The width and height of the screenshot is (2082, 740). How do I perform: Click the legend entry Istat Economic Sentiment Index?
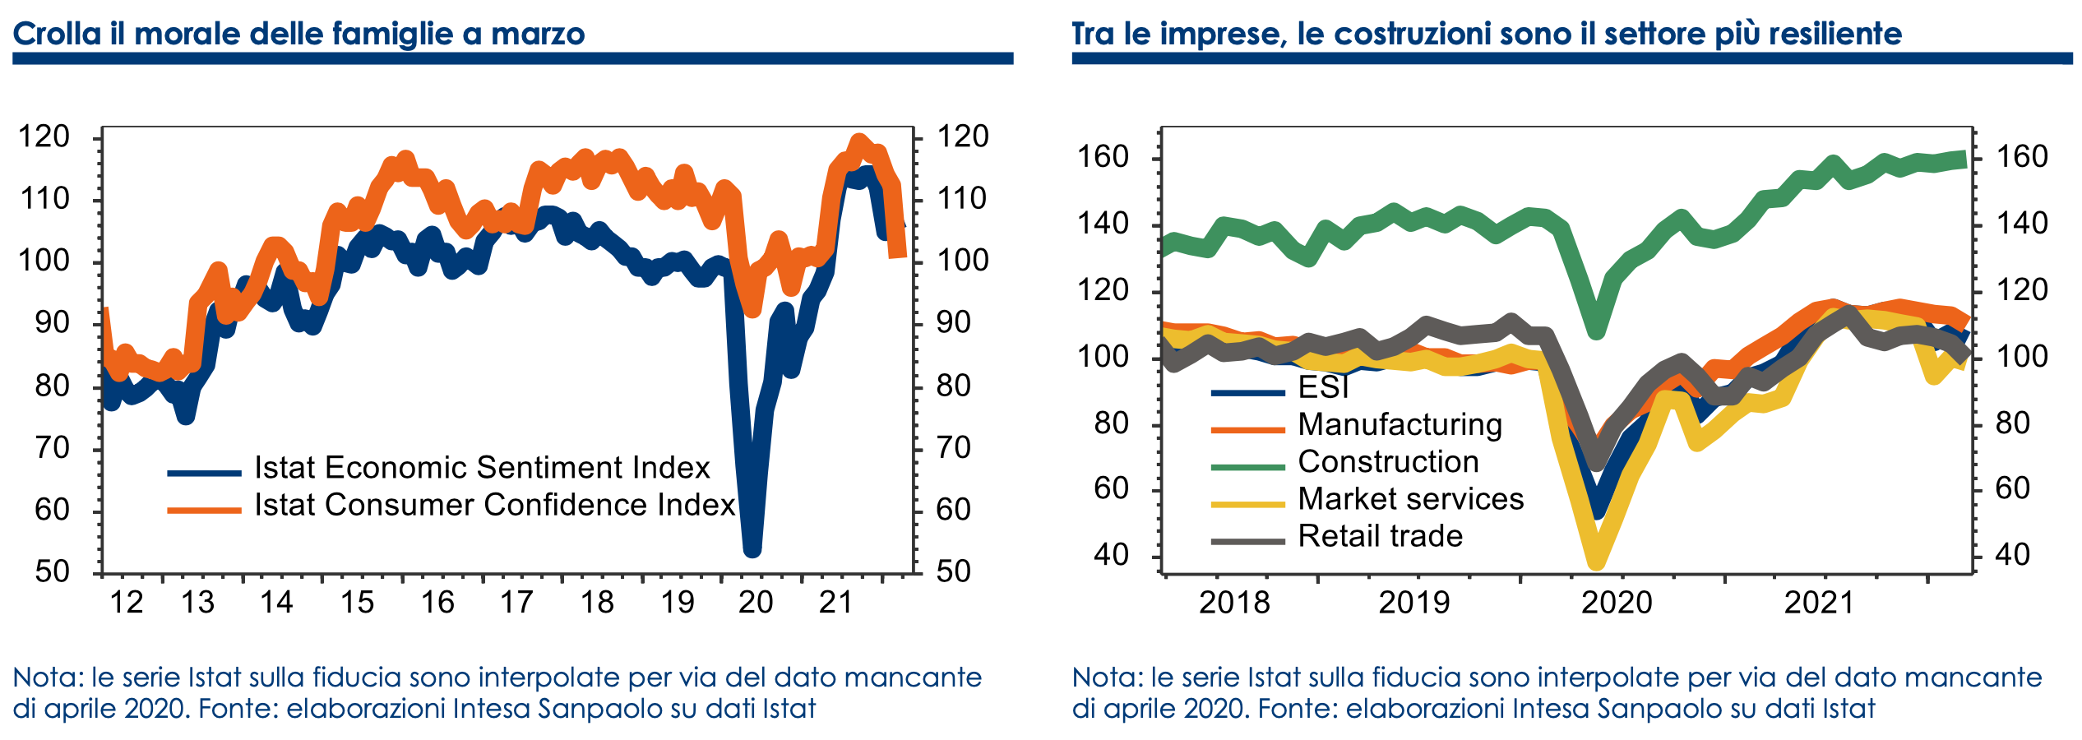481,468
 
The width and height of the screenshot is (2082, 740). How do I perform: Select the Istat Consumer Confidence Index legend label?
493,505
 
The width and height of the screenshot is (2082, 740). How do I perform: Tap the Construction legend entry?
1388,462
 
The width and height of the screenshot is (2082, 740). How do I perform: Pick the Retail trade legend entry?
1380,536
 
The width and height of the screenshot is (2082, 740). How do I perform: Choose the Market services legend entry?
1410,499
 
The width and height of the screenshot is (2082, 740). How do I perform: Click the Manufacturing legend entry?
1400,425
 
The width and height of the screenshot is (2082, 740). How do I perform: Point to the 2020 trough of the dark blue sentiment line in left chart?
752,548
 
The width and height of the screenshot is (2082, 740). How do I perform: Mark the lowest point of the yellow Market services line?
1596,561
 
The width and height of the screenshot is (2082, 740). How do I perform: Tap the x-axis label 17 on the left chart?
516,603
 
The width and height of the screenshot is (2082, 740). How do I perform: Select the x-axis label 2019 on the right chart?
1413,603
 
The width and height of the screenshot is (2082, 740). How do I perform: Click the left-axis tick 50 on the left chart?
53,571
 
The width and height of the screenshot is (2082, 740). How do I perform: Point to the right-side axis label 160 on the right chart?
2022,157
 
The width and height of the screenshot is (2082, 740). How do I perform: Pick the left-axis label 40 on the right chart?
1111,555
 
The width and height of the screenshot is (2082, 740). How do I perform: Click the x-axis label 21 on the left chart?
835,603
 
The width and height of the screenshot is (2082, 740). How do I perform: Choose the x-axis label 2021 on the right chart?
1818,603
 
